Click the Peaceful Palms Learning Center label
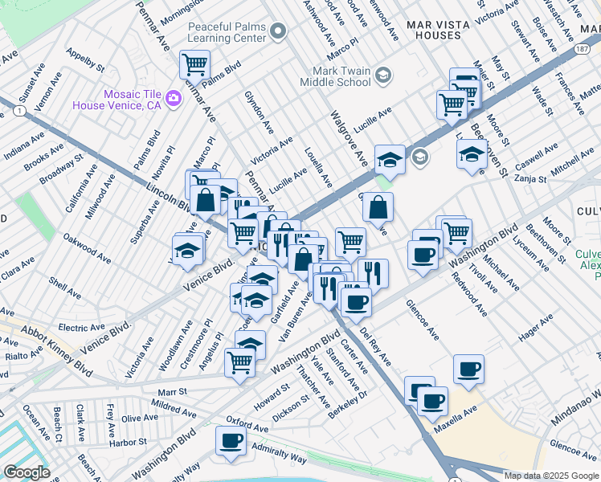point(226,32)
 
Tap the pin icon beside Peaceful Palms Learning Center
point(279,32)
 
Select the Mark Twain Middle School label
point(336,76)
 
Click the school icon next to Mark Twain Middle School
point(383,76)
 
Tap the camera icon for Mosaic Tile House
point(174,99)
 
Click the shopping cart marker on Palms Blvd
point(194,64)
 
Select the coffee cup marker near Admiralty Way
point(232,440)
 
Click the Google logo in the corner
point(27,472)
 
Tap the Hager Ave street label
point(536,329)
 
